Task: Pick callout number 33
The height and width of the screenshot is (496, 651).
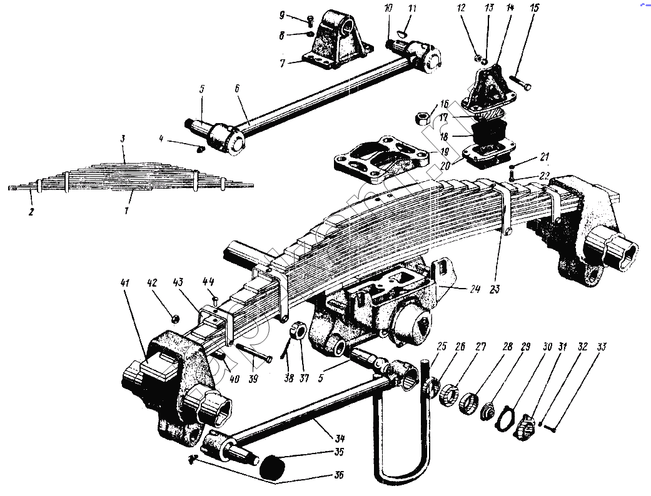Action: click(602, 347)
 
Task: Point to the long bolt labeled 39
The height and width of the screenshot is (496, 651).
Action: click(253, 353)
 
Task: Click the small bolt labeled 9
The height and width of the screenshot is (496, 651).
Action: click(310, 20)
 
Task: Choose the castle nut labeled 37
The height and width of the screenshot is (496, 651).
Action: click(299, 330)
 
